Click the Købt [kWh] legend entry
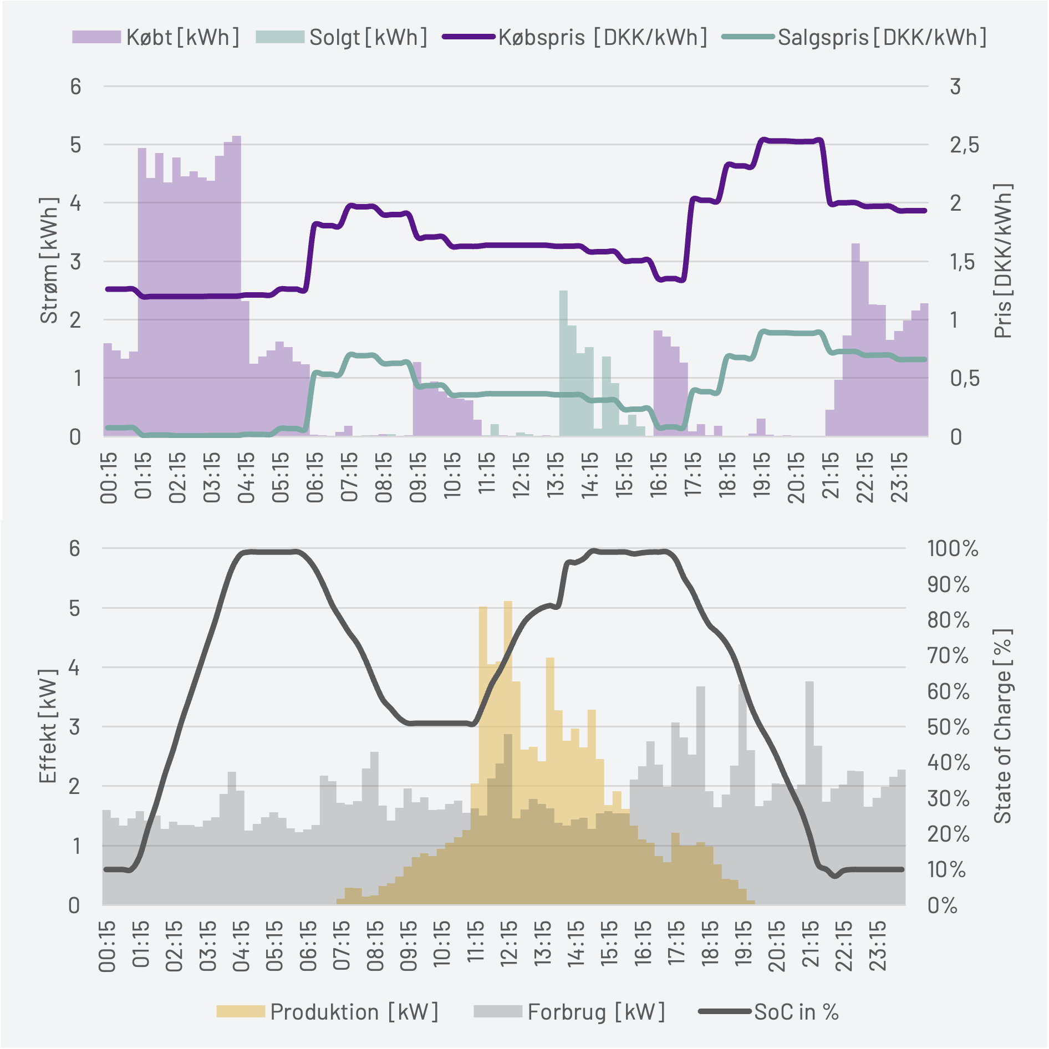coord(156,37)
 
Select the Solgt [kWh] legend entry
coord(342,37)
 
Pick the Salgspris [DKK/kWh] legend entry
coord(854,37)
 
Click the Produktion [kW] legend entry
coord(327,1012)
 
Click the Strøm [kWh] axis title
coord(49,261)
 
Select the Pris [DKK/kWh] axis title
coord(1002,261)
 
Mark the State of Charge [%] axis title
coord(1002,726)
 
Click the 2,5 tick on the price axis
coord(964,145)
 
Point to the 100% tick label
coord(953,549)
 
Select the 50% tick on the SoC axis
coord(949,727)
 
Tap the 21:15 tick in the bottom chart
coord(811,946)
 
